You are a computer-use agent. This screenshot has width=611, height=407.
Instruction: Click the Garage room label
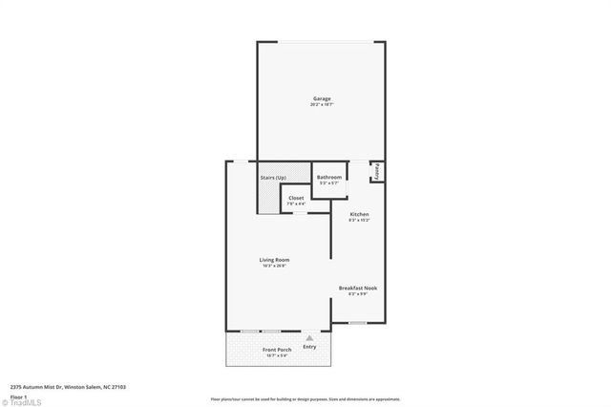(x=322, y=98)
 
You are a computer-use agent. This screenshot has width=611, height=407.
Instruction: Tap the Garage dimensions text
(x=322, y=105)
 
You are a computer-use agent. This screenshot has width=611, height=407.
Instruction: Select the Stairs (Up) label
(x=273, y=178)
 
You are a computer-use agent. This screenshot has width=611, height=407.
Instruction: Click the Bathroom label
(x=329, y=177)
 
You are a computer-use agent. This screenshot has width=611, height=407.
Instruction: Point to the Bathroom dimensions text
(x=329, y=183)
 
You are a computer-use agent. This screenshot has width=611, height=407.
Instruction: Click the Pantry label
(x=377, y=171)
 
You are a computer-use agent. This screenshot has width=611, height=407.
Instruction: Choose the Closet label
(x=296, y=198)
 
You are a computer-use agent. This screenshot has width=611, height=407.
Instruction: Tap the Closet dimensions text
(x=296, y=203)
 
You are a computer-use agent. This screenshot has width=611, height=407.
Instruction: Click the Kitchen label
(x=359, y=214)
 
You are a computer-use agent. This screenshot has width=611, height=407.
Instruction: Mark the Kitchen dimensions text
(x=359, y=221)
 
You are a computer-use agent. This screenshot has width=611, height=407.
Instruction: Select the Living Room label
(x=274, y=260)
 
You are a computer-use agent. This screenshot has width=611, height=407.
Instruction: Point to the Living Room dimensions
(x=274, y=267)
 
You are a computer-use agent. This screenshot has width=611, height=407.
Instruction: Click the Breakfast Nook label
(x=358, y=288)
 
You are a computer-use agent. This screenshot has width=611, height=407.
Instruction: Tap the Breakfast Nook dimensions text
(x=358, y=294)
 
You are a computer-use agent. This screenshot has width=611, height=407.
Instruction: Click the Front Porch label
(x=277, y=350)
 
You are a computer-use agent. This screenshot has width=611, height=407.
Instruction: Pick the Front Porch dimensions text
(x=277, y=356)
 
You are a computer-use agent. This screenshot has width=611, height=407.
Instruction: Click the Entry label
(x=309, y=347)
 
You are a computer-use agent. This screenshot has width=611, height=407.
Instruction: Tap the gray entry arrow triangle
(x=309, y=338)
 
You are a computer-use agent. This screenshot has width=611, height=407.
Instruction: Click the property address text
(x=68, y=387)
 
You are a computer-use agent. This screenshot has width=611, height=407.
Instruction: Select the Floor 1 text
(x=17, y=396)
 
